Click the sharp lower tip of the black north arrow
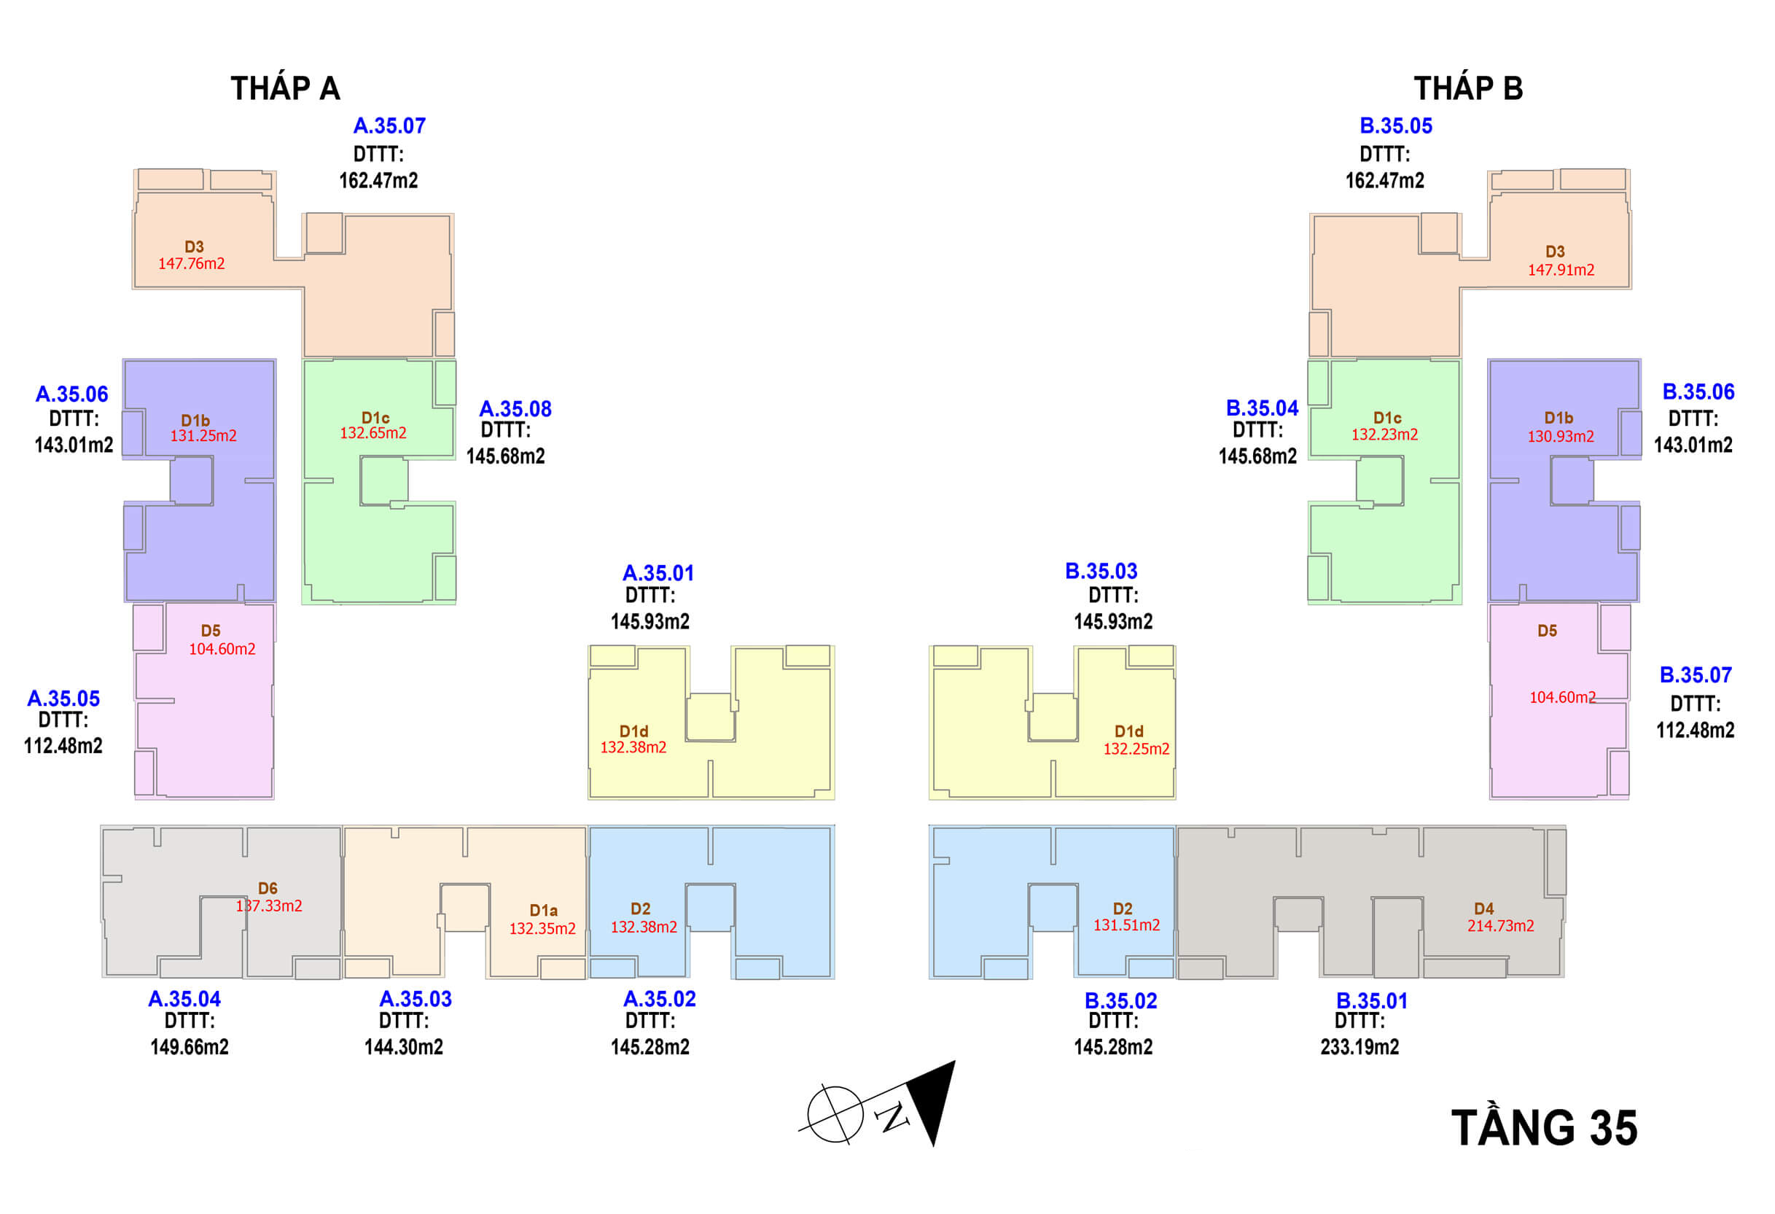[933, 1146]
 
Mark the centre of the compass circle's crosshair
[835, 1115]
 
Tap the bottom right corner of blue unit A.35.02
[834, 978]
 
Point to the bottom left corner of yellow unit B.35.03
[929, 799]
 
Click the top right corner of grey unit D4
[1566, 826]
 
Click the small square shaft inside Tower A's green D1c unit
[383, 481]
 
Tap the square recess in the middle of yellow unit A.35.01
[710, 717]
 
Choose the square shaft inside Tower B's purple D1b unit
[1572, 480]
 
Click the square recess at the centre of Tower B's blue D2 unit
[1053, 908]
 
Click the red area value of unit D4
[1501, 926]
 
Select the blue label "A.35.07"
[389, 126]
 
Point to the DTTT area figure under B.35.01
[1359, 1047]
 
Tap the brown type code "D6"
[268, 889]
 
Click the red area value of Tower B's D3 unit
[1561, 270]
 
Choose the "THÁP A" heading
[286, 89]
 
